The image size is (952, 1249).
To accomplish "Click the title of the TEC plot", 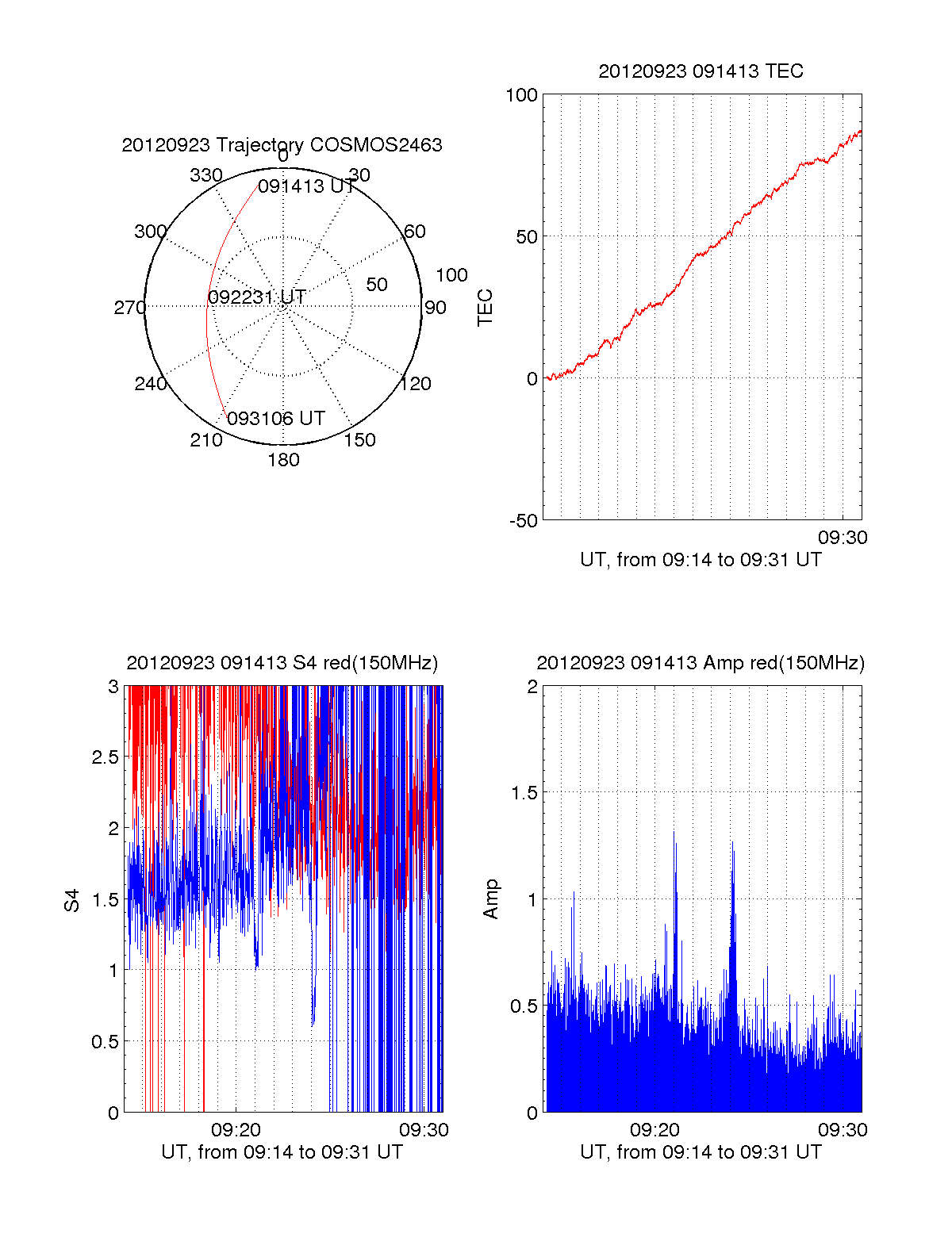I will click(701, 71).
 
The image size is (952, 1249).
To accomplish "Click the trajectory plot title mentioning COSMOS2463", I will click(282, 145).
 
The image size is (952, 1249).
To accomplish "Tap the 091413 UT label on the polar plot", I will click(306, 186).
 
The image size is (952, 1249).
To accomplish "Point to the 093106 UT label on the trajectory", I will click(276, 419).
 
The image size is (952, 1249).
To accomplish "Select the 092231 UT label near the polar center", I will click(257, 297).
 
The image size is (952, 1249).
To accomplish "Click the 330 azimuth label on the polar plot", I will click(205, 175).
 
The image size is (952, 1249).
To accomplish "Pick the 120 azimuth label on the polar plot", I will click(416, 384).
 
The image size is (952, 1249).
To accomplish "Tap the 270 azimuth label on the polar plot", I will click(129, 308).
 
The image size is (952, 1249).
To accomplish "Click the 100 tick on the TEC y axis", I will click(521, 95).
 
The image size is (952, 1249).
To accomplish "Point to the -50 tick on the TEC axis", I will click(524, 521).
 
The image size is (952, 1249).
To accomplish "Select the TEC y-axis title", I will click(485, 308).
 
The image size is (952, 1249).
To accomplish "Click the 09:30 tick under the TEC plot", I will click(843, 538).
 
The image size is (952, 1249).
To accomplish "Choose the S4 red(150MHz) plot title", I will click(282, 663).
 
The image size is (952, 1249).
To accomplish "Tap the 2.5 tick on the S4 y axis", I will click(106, 757).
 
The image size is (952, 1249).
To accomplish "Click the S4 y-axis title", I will click(72, 900).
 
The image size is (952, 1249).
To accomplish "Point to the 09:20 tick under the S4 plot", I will click(236, 1130).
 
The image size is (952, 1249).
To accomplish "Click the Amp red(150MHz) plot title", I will click(701, 663).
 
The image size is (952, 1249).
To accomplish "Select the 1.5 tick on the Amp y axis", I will click(524, 793).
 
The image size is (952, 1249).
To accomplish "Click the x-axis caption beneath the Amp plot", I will click(701, 1152).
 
